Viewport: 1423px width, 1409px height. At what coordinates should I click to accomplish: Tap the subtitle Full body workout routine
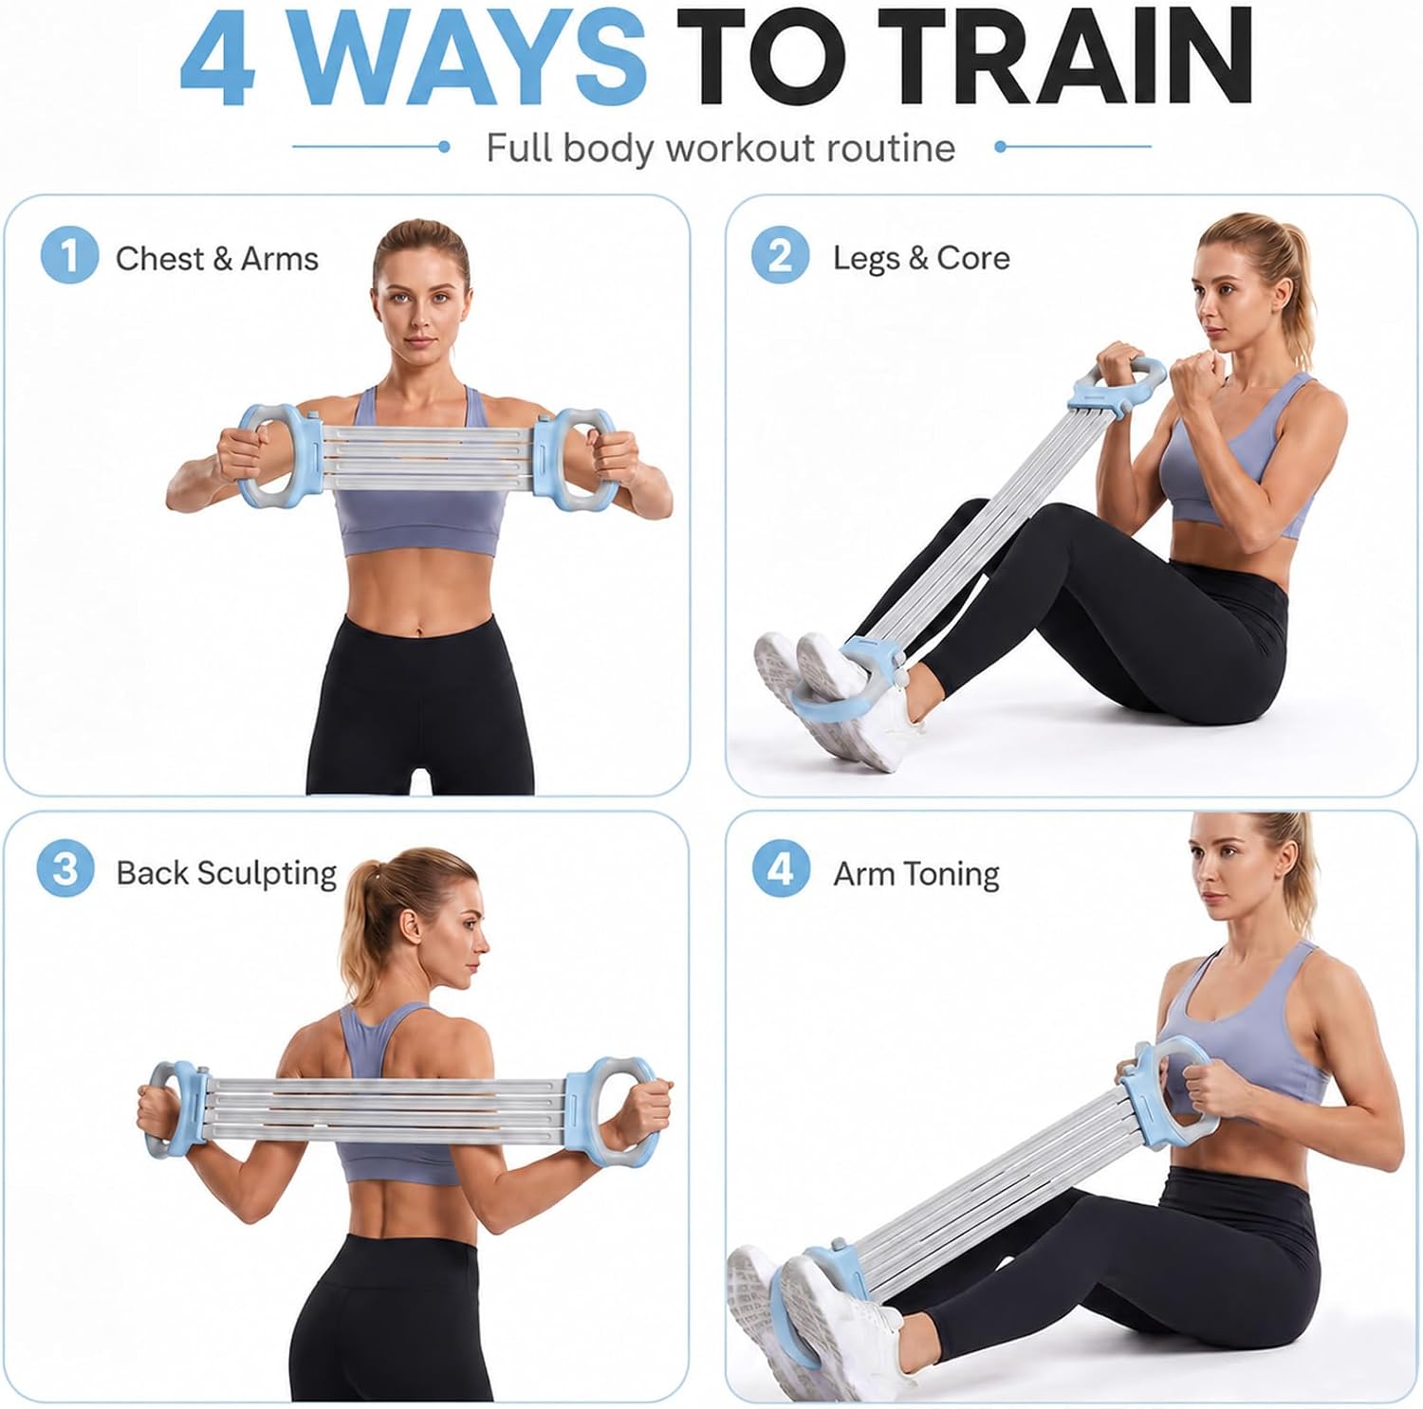point(721,149)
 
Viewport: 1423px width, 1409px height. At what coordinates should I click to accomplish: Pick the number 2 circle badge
point(780,255)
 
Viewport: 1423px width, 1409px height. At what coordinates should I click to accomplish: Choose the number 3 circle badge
point(65,869)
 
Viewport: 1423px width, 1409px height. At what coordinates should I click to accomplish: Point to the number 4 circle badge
point(781,869)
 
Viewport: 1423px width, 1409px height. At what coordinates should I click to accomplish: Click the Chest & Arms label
point(217,259)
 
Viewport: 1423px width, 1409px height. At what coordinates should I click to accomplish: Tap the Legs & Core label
point(921,259)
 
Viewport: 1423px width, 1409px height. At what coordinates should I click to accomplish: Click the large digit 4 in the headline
point(219,59)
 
